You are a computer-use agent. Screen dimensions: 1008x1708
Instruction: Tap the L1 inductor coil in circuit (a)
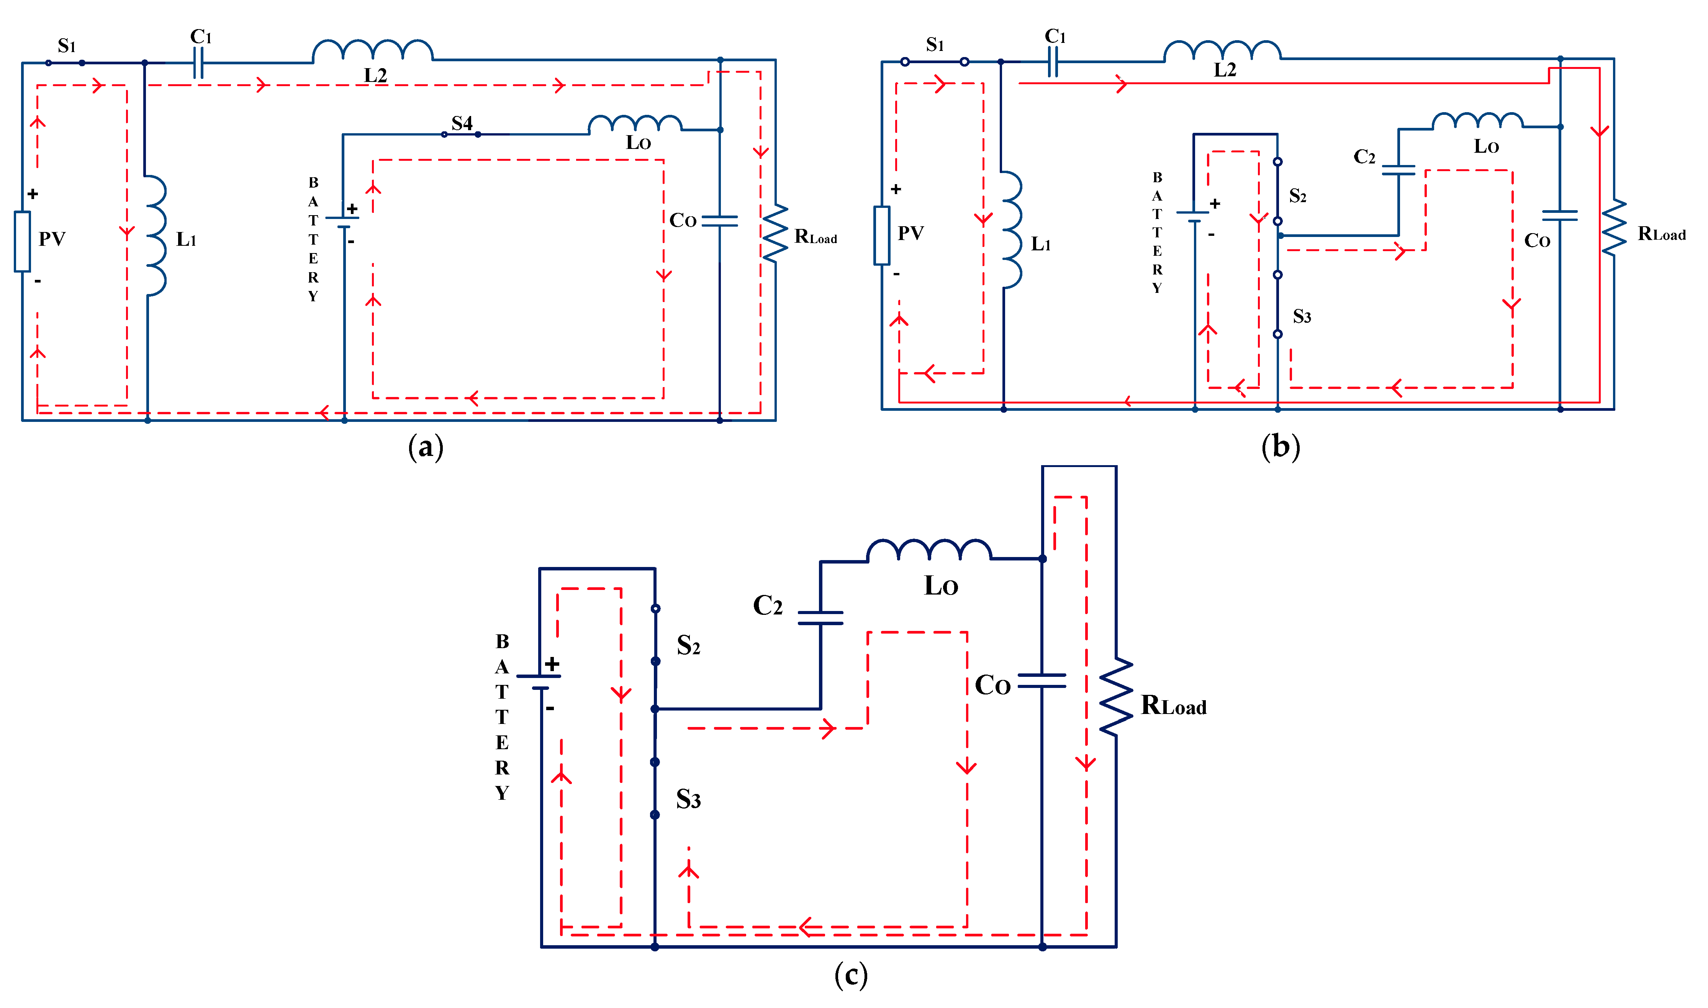tap(156, 236)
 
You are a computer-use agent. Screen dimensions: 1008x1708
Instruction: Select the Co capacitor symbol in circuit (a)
tap(719, 221)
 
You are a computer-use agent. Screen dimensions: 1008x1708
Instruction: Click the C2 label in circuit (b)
tap(1364, 157)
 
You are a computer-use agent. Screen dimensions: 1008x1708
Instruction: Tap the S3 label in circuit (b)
tap(1302, 317)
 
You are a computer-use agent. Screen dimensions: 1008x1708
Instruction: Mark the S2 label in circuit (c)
tap(688, 645)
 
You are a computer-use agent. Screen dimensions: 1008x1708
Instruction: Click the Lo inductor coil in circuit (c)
tap(929, 550)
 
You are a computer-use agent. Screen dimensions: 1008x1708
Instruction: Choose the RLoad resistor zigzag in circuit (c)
tap(1115, 696)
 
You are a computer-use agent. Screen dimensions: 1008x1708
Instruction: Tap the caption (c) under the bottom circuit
tap(851, 975)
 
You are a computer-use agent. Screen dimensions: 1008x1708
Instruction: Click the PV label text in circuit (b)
tap(910, 234)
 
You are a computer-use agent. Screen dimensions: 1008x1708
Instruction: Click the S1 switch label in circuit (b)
tap(935, 45)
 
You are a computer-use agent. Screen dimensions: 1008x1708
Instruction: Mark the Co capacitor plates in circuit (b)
tap(1560, 215)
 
